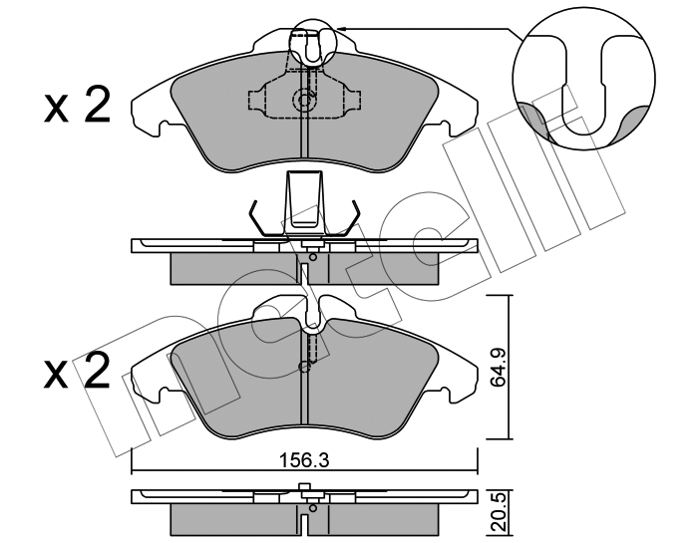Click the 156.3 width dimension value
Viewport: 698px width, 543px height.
pos(304,460)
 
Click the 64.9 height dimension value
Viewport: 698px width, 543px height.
pos(497,369)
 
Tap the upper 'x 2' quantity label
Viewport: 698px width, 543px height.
pos(77,107)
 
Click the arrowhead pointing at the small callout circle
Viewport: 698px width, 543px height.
pos(341,29)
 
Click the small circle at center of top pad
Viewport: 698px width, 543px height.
pos(304,100)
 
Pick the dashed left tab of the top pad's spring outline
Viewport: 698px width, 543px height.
pos(257,100)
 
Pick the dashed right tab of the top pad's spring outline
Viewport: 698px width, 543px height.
pos(353,100)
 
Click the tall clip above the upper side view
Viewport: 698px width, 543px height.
pos(304,203)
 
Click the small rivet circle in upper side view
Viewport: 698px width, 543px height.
pos(313,257)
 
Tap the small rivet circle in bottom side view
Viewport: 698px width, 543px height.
pos(313,508)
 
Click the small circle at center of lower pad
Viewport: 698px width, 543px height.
pos(304,366)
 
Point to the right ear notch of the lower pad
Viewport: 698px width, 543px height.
pos(445,392)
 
